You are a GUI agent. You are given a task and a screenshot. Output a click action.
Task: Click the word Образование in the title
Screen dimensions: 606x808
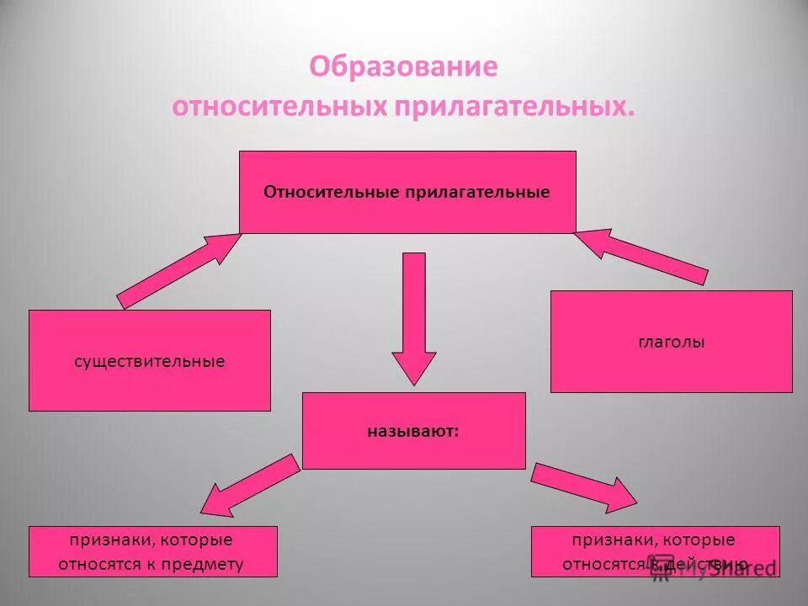(403, 67)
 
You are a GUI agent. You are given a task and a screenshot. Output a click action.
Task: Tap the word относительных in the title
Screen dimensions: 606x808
(279, 108)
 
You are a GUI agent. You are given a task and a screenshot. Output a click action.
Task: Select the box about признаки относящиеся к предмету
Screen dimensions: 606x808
(152, 551)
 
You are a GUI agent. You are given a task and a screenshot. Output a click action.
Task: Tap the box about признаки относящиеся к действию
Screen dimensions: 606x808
(655, 551)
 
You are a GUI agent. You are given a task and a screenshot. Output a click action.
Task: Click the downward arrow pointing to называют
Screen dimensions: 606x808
(414, 316)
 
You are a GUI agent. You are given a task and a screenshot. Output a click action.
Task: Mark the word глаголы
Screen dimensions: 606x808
(671, 343)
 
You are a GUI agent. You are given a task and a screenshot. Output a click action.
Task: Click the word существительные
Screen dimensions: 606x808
(150, 361)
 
